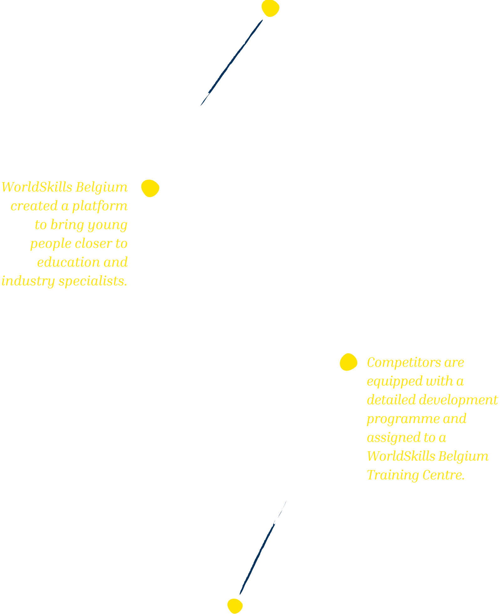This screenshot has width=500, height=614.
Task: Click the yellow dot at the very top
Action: coord(270,8)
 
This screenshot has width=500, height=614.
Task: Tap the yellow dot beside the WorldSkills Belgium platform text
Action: coord(150,188)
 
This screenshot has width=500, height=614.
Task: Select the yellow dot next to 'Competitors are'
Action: coord(348,362)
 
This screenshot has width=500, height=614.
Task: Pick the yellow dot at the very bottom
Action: coord(235,606)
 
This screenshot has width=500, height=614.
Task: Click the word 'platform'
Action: coord(100,206)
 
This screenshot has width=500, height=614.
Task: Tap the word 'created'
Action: coord(34,206)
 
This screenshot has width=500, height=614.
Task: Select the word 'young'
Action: coord(107,225)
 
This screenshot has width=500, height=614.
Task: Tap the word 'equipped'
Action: coord(394,381)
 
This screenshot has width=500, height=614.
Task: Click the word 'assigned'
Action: coord(393,438)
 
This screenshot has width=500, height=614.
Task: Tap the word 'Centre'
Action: coord(442,475)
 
